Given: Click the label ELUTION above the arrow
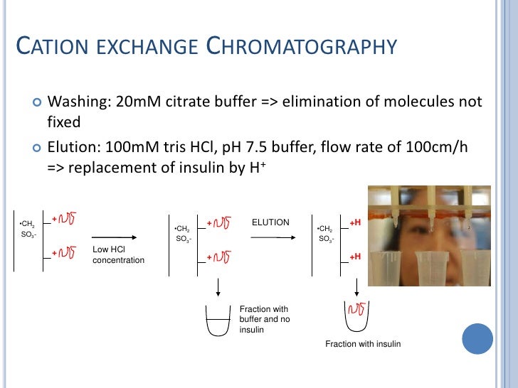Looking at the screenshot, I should click(270, 222).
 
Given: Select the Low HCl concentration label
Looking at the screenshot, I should click(118, 255).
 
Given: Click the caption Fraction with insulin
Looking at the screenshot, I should click(363, 344).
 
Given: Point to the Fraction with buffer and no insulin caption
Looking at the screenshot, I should click(264, 320).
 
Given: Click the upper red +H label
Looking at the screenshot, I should click(355, 222).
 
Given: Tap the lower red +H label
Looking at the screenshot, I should click(355, 256).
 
